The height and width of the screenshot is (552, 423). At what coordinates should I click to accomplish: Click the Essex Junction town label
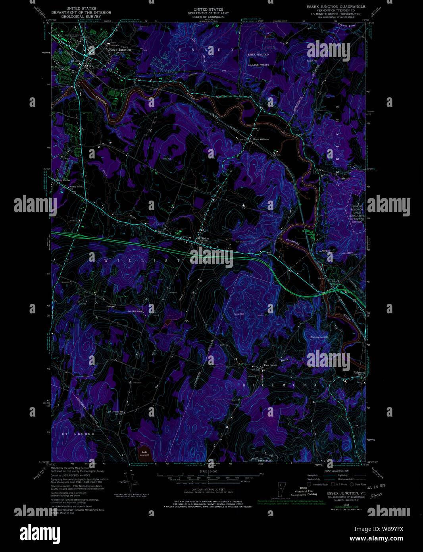[120, 50]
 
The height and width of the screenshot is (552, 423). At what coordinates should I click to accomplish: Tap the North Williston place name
[261, 139]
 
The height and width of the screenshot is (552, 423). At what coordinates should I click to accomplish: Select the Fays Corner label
[270, 365]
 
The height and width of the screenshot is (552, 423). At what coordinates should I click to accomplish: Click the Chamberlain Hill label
[319, 337]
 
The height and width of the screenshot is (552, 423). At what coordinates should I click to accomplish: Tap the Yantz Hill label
[238, 314]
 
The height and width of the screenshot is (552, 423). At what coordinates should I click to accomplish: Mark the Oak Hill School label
[134, 311]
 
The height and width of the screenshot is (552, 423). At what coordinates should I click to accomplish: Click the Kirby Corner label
[63, 180]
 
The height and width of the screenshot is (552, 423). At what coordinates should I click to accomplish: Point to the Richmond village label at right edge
[359, 373]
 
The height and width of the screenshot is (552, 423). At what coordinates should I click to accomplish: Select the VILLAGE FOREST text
[258, 64]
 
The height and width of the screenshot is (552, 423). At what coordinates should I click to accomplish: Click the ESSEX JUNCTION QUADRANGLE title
[336, 7]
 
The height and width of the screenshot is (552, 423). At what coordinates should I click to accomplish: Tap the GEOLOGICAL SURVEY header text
[81, 17]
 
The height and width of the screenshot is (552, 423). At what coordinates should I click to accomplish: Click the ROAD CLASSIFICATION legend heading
[336, 470]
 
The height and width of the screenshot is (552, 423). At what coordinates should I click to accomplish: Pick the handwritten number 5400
[373, 496]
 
